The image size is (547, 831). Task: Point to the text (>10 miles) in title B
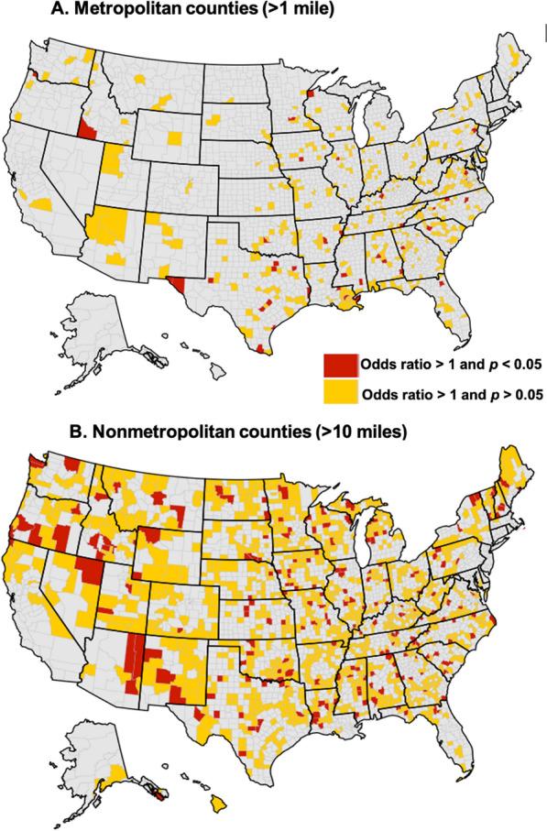(x=311, y=429)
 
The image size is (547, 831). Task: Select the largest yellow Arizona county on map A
(x=113, y=224)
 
